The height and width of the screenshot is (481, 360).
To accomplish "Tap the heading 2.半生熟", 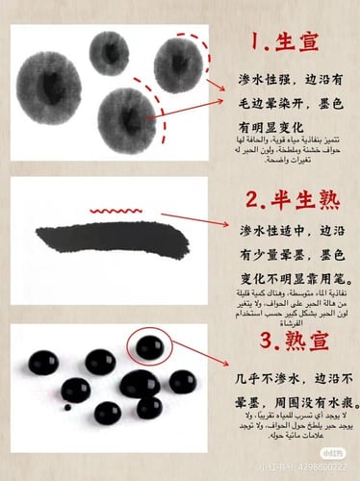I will (x=288, y=202).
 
